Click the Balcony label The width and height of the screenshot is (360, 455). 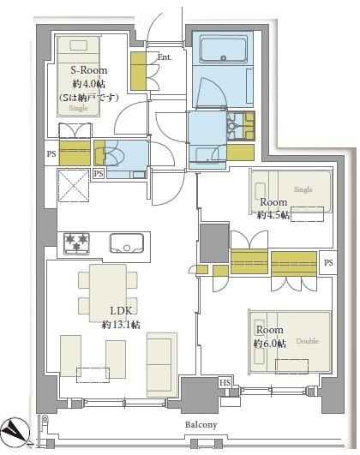pos(201,425)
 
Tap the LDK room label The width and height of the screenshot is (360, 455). pos(122,311)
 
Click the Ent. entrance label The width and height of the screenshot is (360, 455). pos(165,57)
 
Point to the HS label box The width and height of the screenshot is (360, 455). pos(225,383)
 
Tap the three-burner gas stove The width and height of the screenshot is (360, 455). pos(76,243)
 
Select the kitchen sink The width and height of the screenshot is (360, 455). pos(127,242)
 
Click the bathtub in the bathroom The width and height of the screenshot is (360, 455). pos(223,50)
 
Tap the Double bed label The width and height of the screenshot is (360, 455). pos(307,341)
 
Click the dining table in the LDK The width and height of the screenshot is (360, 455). pos(108,293)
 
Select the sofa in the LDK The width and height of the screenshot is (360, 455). pos(162,365)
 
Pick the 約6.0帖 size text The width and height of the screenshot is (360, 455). pos(270,344)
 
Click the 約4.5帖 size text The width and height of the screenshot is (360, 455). pos(273,215)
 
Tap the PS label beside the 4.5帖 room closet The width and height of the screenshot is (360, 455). pos(328,262)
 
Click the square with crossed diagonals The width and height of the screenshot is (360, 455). pos(74,185)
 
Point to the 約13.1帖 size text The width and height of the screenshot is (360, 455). pos(121,325)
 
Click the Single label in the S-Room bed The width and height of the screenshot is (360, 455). pos(78,108)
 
